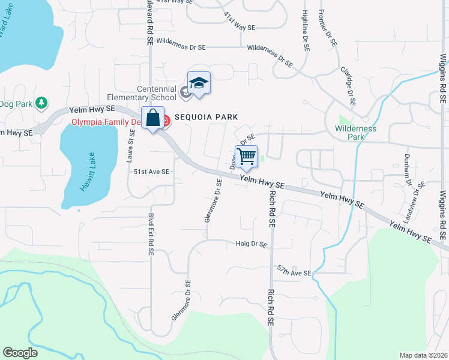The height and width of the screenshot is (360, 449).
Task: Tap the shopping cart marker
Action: coord(247,157)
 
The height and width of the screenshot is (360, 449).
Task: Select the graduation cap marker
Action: coord(199,83)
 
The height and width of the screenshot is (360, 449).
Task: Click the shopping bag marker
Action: coord(152,118)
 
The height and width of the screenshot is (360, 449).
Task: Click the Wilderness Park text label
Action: coord(356,133)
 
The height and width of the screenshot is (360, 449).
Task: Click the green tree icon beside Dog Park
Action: coord(41,103)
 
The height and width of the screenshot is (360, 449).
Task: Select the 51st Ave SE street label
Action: coord(151,172)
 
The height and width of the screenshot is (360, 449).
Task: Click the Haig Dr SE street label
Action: coord(251,244)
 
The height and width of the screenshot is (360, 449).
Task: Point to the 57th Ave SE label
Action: coord(294,271)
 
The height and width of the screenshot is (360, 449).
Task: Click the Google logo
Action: coord(20,353)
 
